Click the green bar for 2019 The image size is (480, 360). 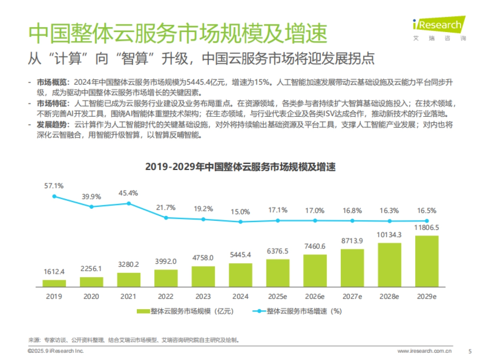pyautogui.click(x=54, y=283)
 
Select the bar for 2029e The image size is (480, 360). pyautogui.click(x=426, y=261)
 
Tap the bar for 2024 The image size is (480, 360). pyautogui.click(x=240, y=275)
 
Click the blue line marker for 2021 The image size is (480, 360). pyautogui.click(x=129, y=203)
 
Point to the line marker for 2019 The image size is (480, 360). pyautogui.click(x=54, y=196)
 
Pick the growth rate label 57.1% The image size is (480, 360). pyautogui.click(x=54, y=186)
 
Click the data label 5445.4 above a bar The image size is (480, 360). pyautogui.click(x=240, y=255)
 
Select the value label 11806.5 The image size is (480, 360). pyautogui.click(x=426, y=227)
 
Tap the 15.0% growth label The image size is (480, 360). pyautogui.click(x=240, y=212)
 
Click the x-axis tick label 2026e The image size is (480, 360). pyautogui.click(x=315, y=297)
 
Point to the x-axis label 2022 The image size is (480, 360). pyautogui.click(x=166, y=297)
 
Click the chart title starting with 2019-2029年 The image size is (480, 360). pyautogui.click(x=240, y=168)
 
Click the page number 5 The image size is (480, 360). pyautogui.click(x=470, y=351)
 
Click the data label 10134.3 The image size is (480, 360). pyautogui.click(x=389, y=234)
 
